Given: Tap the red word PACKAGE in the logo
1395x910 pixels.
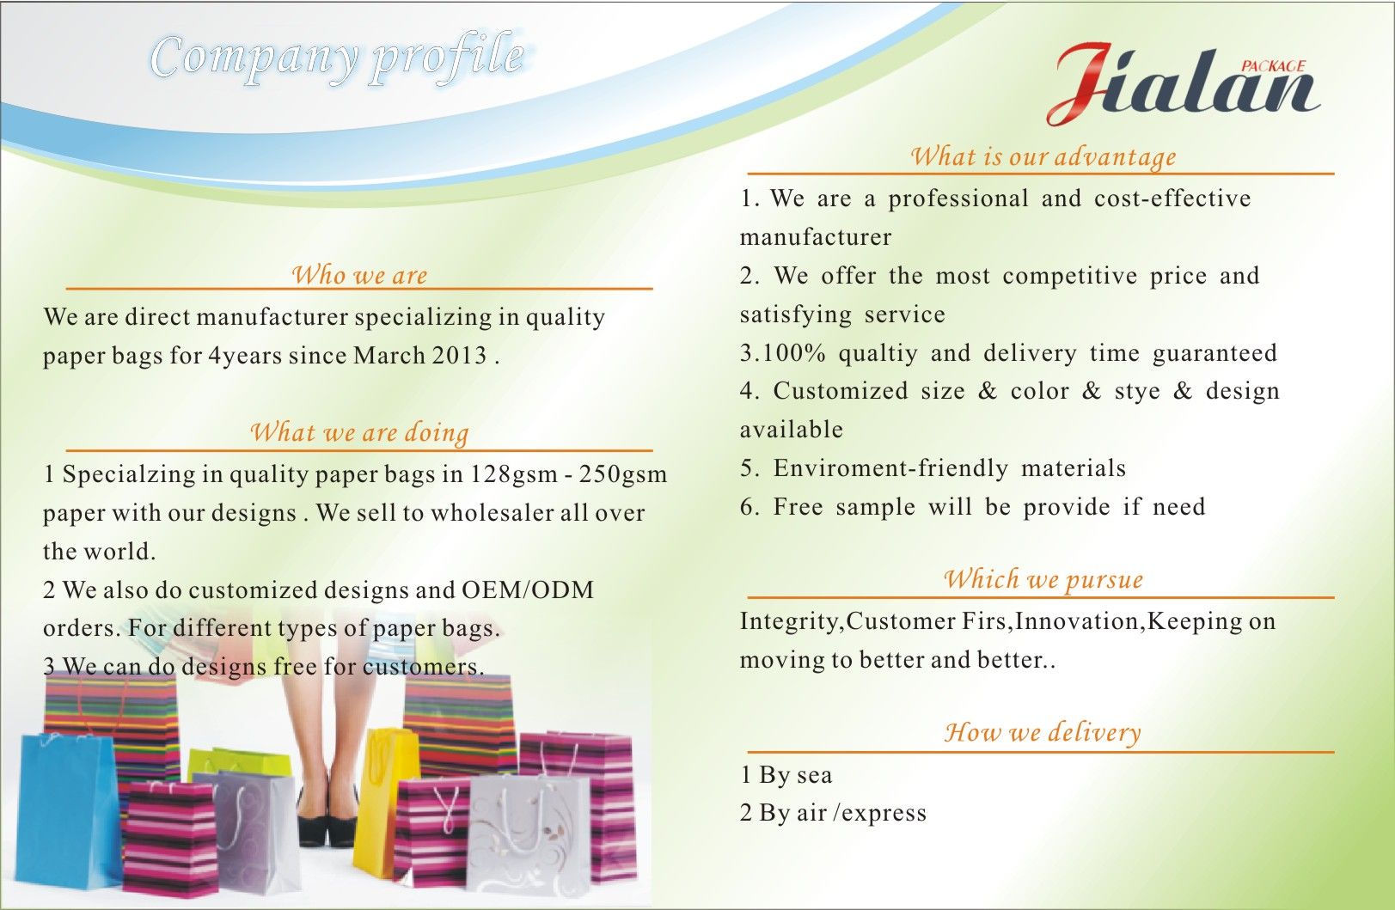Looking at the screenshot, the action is [1273, 66].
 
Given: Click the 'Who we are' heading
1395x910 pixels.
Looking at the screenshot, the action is [359, 275].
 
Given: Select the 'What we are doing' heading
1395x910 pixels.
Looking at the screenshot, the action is [359, 432].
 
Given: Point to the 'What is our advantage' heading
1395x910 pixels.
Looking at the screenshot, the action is [1043, 156].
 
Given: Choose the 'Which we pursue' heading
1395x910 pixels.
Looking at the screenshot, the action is [1043, 579].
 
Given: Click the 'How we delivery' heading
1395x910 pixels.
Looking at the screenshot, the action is [1043, 732].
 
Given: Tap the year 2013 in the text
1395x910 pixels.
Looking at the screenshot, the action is [460, 356].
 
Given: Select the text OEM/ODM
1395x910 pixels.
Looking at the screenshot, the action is [528, 589].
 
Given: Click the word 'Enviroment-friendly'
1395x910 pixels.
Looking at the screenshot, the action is [890, 468].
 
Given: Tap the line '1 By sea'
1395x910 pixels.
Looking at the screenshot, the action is [786, 775].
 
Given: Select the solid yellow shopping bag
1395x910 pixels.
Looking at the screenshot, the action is [380, 803].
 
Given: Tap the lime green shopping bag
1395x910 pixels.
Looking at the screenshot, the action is [240, 762].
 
